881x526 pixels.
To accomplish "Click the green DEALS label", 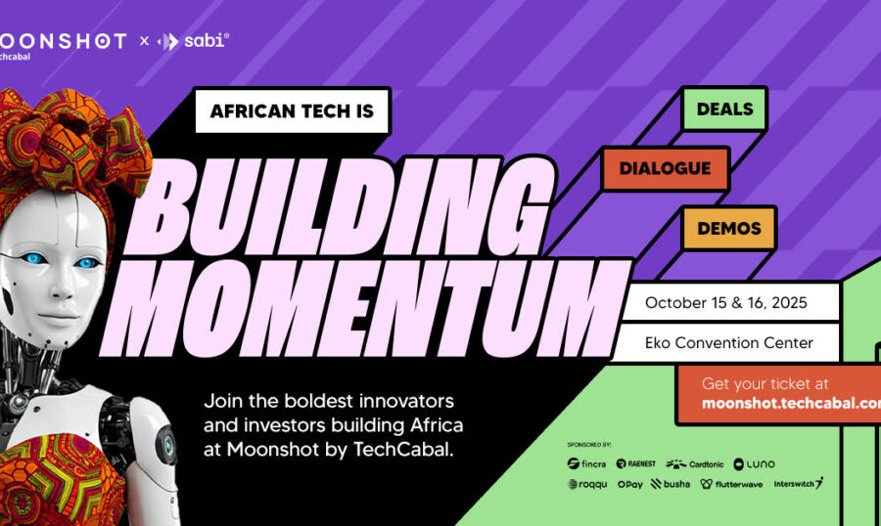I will (x=724, y=110).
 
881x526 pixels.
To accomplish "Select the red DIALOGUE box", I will (x=665, y=168).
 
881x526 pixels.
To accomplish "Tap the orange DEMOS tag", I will (x=729, y=228).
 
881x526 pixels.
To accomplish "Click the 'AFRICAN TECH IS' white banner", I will (x=292, y=111).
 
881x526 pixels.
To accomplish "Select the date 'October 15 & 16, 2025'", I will (x=725, y=302).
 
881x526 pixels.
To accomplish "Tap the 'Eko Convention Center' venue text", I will (x=725, y=343).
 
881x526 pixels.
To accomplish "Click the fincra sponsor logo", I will (x=586, y=463).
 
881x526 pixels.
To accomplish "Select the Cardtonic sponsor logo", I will (x=694, y=463).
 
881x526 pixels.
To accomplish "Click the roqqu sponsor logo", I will (x=587, y=484).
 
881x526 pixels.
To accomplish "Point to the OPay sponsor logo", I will (x=630, y=484).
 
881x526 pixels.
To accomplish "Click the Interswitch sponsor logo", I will (x=798, y=483).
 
